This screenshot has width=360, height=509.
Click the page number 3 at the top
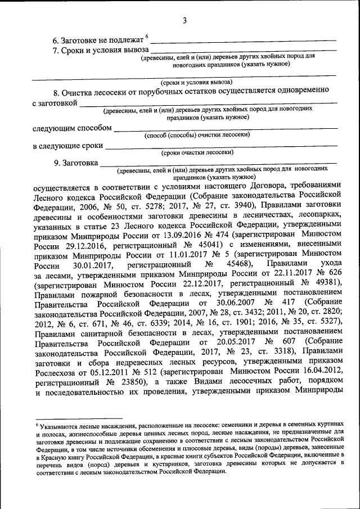pyautogui.click(x=184, y=21)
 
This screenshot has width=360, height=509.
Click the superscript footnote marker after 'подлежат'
pyautogui.click(x=147, y=37)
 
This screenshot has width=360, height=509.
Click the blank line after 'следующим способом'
pyautogui.click(x=225, y=128)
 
